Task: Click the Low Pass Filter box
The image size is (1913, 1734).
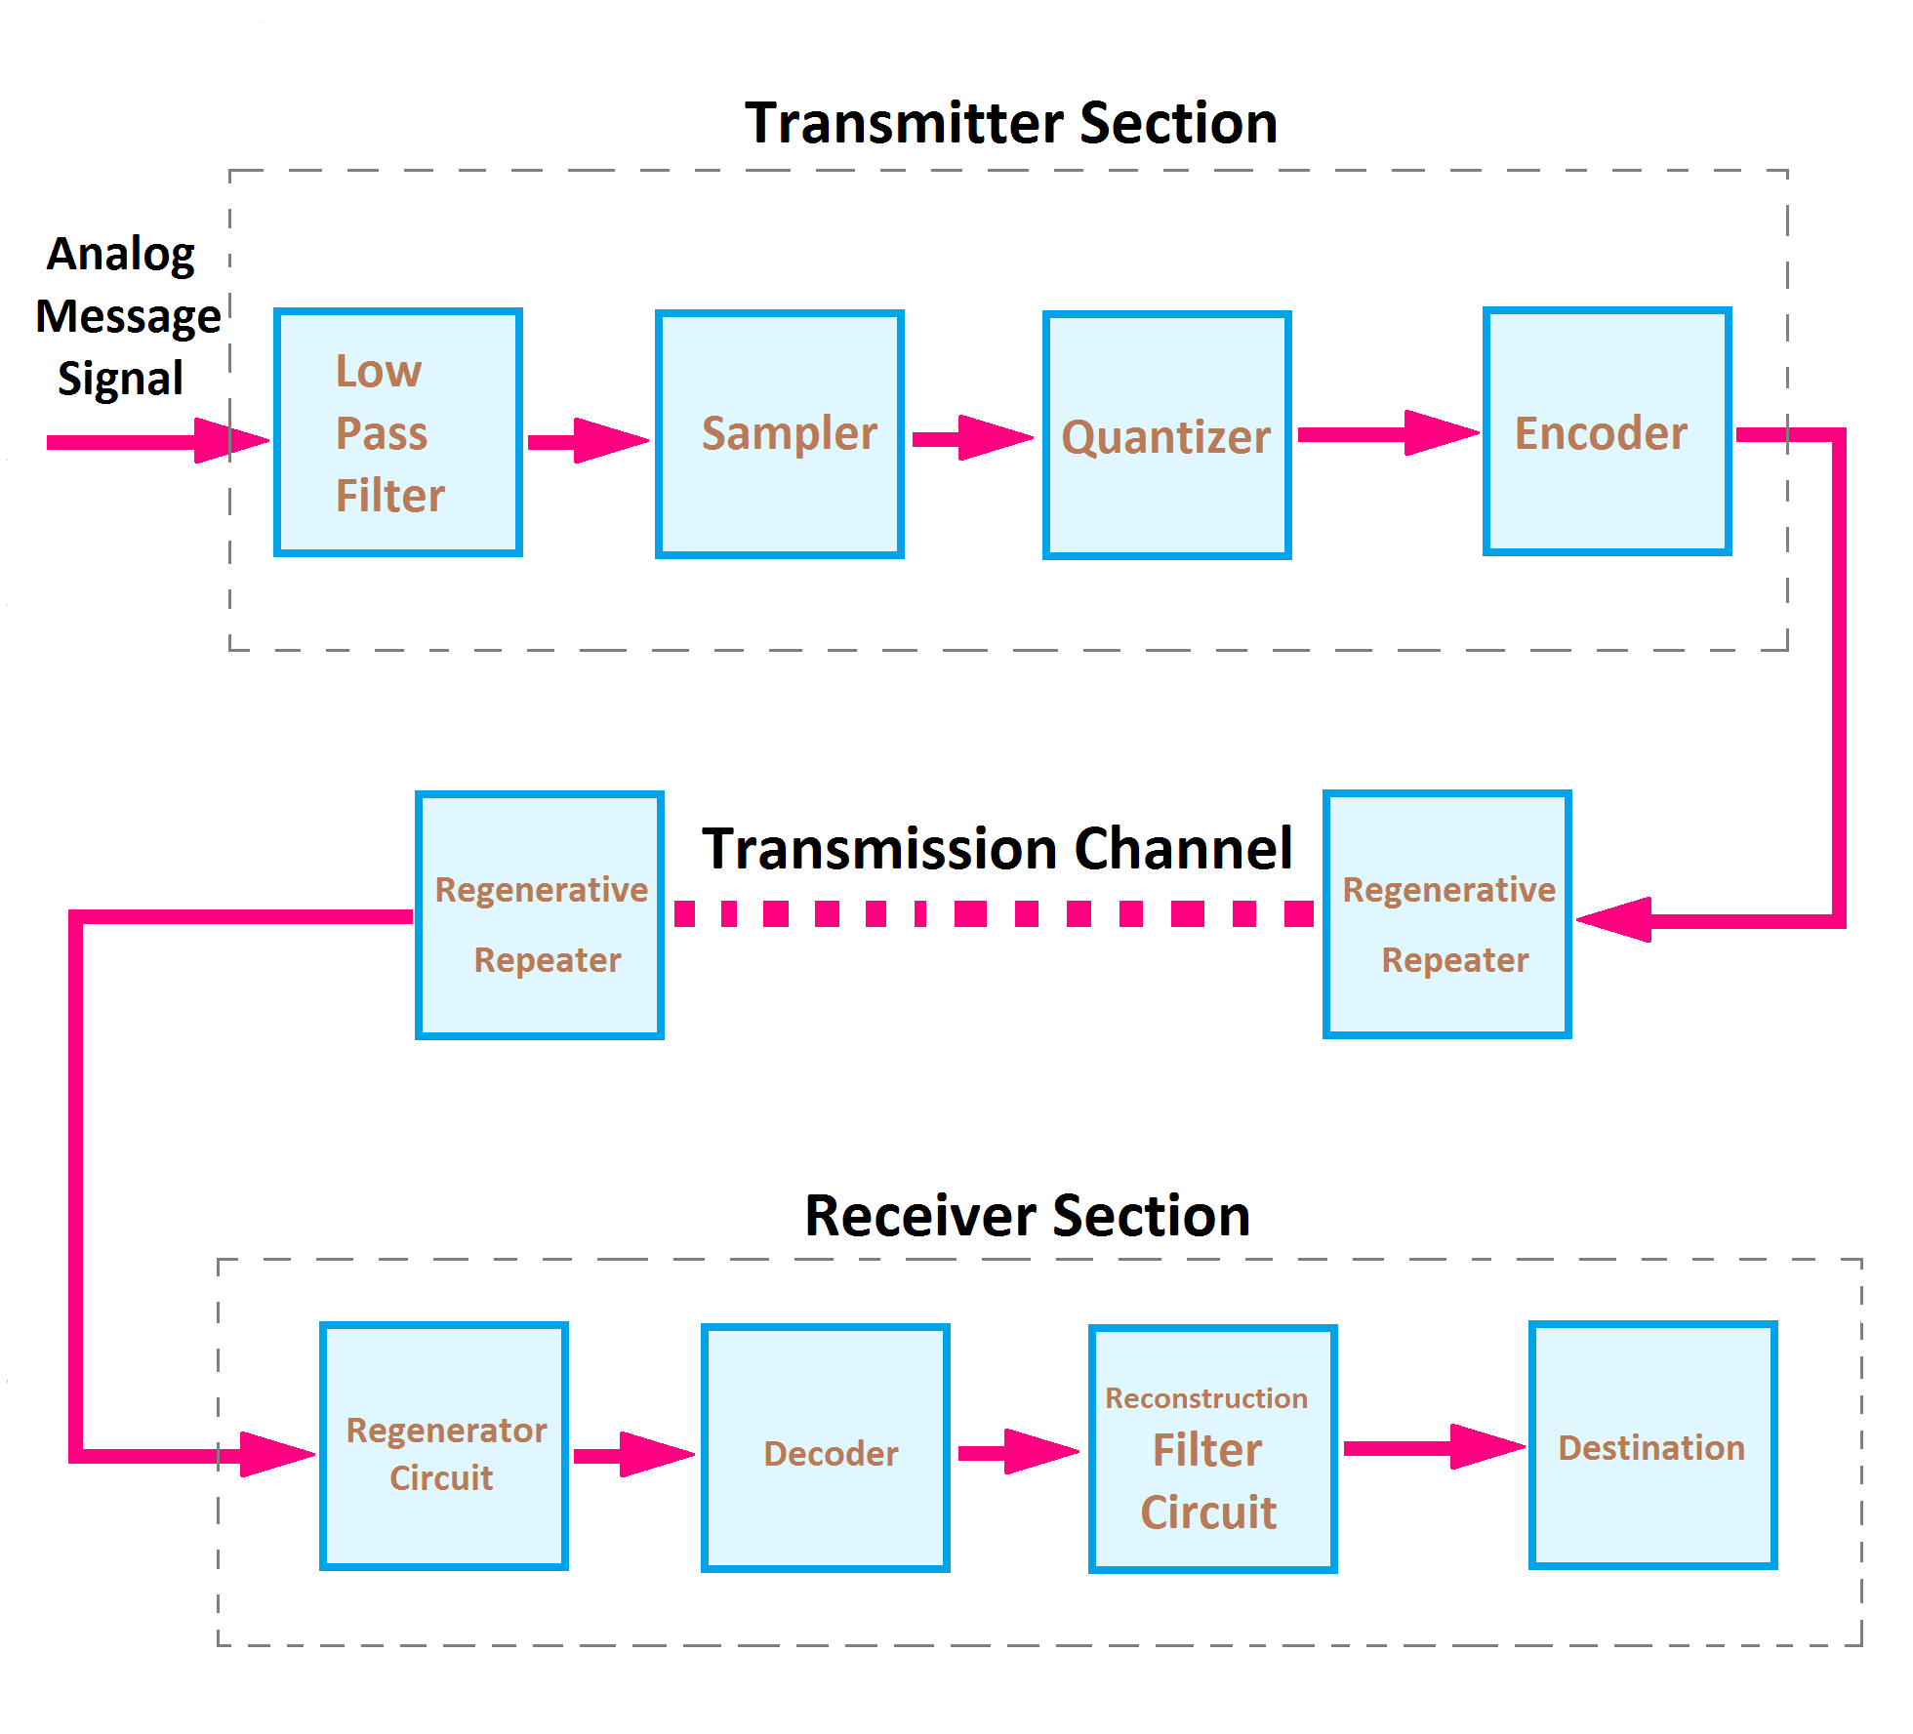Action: coord(398,432)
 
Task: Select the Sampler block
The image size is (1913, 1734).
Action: coord(780,434)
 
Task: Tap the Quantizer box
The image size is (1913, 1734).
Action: coord(1166,435)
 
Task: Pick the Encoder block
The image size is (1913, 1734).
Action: coord(1607,431)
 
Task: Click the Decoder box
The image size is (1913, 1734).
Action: coord(825,1448)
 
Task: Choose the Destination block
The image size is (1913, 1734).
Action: coord(1652,1445)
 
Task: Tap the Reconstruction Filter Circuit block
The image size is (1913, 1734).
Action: coord(1212,1449)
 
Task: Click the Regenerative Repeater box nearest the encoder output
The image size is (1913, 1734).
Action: coord(1446,914)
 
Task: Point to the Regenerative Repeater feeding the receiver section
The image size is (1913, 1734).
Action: coord(540,915)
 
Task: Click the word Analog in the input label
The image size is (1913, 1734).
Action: coord(121,255)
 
